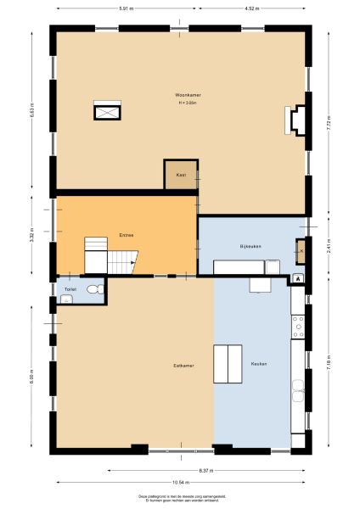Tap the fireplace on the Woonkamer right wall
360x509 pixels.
(298, 120)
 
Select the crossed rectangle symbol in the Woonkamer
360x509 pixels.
(108, 111)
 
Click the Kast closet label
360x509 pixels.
(180, 175)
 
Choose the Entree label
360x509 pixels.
(126, 235)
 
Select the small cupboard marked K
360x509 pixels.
(301, 250)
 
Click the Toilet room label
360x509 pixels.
(69, 289)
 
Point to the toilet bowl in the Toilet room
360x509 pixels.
(98, 289)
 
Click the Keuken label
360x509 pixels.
(258, 364)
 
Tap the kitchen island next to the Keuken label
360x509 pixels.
(227, 365)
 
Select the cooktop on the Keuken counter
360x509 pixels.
(298, 326)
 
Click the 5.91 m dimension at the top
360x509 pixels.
(125, 8)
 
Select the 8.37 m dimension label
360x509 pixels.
(205, 469)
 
